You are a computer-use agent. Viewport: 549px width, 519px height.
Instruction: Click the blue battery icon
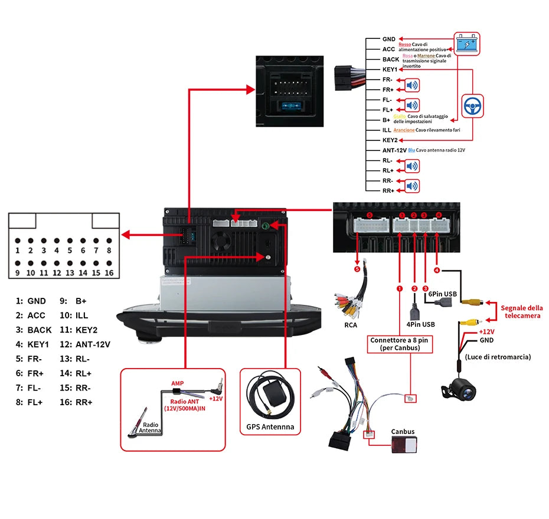(x=467, y=44)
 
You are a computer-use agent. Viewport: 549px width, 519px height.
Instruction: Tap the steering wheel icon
(x=472, y=106)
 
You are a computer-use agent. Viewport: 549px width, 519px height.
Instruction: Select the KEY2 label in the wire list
(x=390, y=140)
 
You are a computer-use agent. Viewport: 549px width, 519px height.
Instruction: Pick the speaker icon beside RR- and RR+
(x=412, y=186)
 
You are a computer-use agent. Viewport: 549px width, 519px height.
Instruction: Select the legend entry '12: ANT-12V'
(x=85, y=344)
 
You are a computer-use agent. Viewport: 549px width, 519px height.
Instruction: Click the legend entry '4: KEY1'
(x=33, y=344)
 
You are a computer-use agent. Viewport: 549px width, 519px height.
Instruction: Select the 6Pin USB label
(x=443, y=294)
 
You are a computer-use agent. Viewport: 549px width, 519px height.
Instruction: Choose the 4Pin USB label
(x=420, y=324)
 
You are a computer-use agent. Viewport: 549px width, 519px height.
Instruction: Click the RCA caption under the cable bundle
(x=351, y=324)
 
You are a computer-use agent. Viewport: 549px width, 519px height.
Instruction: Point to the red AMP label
(x=177, y=383)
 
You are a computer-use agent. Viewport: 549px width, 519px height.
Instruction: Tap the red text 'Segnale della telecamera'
(x=522, y=311)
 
